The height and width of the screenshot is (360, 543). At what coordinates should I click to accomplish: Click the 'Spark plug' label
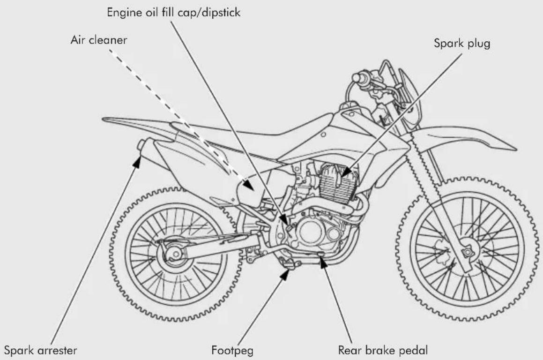click(462, 43)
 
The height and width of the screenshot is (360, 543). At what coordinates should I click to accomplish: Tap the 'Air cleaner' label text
click(99, 40)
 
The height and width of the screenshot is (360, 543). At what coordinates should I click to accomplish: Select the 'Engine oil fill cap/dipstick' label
click(173, 13)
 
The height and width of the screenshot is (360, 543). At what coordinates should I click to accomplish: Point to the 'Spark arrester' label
click(40, 350)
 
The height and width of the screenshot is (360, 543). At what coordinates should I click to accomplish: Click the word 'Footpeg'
click(232, 350)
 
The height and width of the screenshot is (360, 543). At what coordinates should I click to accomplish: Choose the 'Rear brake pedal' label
click(383, 350)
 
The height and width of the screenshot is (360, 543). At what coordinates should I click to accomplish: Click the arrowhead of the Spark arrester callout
click(138, 161)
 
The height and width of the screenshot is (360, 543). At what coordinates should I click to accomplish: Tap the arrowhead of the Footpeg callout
click(285, 274)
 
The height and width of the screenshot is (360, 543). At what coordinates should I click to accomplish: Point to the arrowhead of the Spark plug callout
click(347, 172)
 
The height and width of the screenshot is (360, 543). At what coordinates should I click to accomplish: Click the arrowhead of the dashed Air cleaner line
click(248, 184)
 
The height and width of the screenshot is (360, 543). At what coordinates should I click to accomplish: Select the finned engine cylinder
click(338, 184)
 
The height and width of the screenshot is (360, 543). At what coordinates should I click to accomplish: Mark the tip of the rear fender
click(103, 120)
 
